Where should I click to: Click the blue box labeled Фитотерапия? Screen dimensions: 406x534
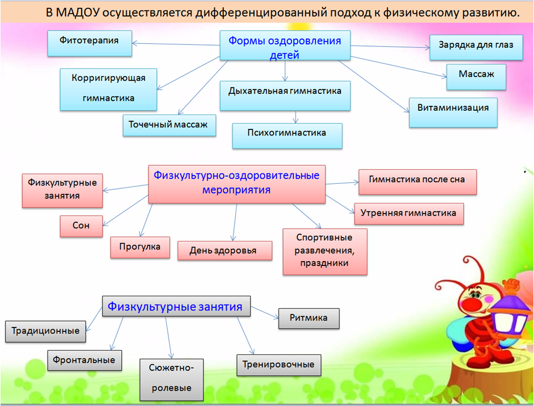90,43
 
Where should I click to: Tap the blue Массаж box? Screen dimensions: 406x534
475,77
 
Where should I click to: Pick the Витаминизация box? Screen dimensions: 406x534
453,112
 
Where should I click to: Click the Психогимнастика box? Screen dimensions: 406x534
287,136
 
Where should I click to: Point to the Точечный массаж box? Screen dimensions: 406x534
168,126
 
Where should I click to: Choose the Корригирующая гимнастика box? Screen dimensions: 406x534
108,89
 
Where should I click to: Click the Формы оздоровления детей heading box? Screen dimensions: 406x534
285,46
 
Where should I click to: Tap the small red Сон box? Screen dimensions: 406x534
81,225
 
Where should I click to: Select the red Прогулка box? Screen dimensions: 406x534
140,247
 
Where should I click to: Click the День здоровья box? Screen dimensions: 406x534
224,250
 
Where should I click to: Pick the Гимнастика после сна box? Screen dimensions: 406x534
417,182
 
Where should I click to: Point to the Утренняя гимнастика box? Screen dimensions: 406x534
408,213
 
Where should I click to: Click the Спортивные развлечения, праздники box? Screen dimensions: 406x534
325,251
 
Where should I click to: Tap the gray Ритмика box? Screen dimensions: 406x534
309,318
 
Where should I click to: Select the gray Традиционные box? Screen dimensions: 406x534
46,331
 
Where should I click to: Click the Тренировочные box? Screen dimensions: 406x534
279,365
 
